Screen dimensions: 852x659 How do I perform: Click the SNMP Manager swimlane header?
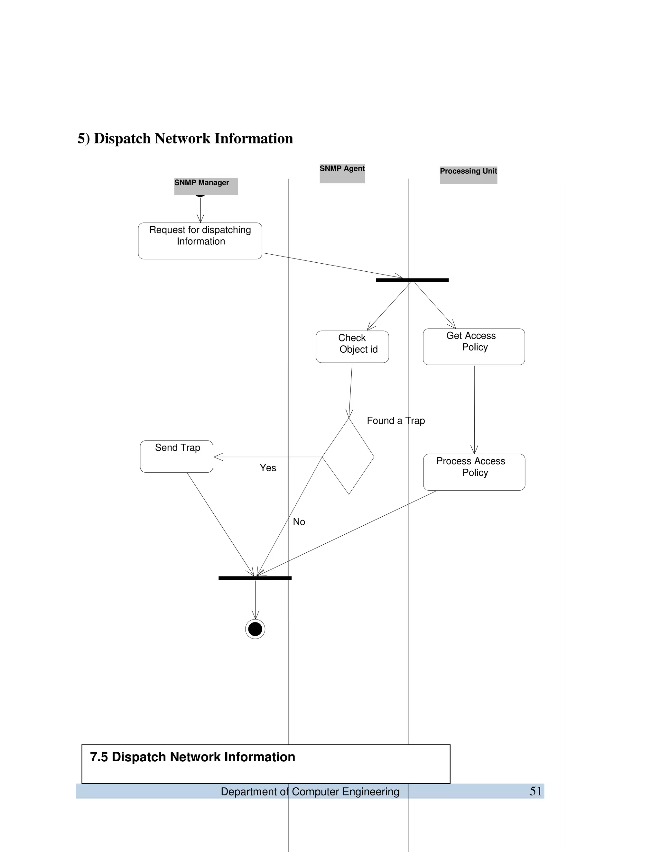point(206,186)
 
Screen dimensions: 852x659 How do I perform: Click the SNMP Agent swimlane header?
point(342,173)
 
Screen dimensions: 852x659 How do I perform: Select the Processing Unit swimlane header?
point(468,174)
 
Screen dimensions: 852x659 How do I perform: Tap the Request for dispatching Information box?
point(200,241)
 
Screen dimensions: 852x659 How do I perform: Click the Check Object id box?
point(352,346)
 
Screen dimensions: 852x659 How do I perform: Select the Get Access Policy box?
point(474,346)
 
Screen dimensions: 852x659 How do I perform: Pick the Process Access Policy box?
point(474,472)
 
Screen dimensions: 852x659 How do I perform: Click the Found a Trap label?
point(395,421)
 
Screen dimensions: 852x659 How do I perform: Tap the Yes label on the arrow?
point(268,468)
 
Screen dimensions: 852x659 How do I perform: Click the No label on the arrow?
point(299,521)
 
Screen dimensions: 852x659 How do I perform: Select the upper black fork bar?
point(412,280)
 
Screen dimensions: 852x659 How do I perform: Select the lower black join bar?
point(255,578)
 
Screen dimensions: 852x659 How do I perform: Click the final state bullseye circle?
point(255,629)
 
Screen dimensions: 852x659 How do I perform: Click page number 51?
point(536,791)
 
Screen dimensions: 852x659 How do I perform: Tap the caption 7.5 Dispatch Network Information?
point(192,757)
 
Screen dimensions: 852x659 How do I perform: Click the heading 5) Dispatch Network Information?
point(185,139)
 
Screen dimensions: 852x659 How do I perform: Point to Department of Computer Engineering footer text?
point(310,792)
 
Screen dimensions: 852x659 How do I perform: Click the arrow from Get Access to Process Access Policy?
point(474,410)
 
